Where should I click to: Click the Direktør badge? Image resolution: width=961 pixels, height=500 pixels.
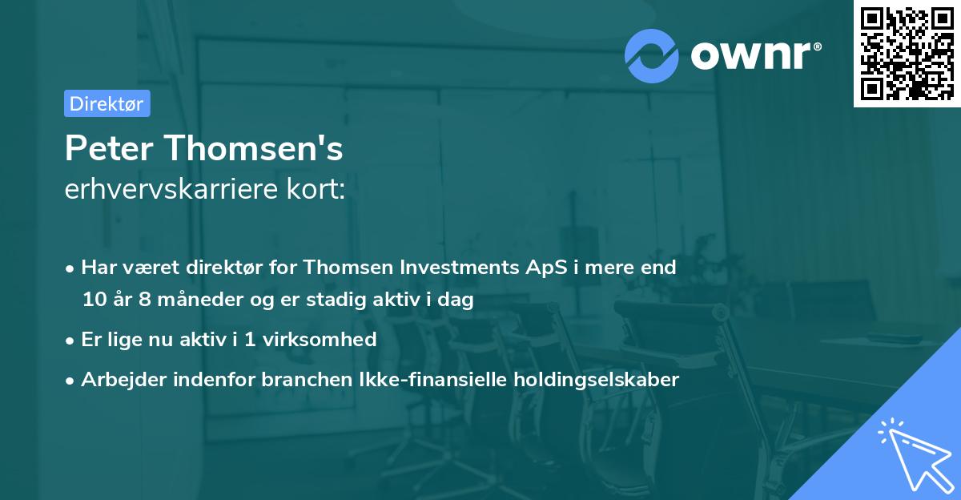107,103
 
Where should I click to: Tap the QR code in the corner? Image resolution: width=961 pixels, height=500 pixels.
907,54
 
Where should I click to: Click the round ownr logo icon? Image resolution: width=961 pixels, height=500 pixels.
652,55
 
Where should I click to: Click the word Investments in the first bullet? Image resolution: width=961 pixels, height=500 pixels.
454,267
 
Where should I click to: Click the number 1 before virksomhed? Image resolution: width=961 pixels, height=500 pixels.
250,340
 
